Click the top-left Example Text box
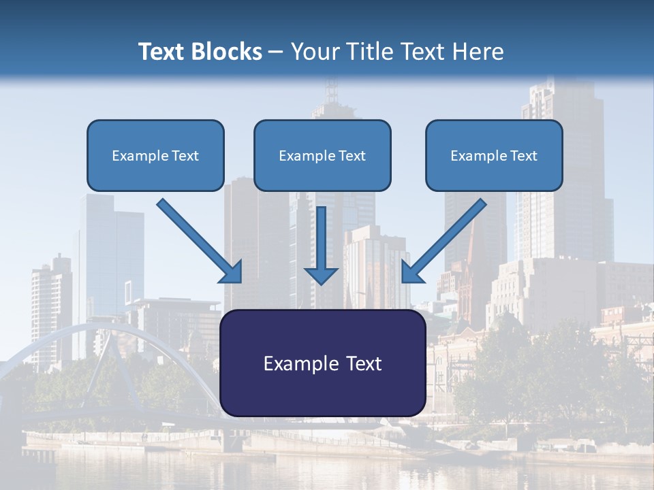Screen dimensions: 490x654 (x=155, y=155)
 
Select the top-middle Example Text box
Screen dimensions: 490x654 (x=322, y=155)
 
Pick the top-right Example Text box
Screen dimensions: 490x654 (x=494, y=155)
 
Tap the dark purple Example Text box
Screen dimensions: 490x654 (x=322, y=363)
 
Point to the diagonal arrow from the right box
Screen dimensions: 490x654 (x=446, y=238)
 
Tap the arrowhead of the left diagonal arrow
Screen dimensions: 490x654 (x=232, y=272)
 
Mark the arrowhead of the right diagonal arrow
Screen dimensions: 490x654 (x=411, y=272)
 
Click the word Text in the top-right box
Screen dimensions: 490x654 (x=523, y=156)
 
